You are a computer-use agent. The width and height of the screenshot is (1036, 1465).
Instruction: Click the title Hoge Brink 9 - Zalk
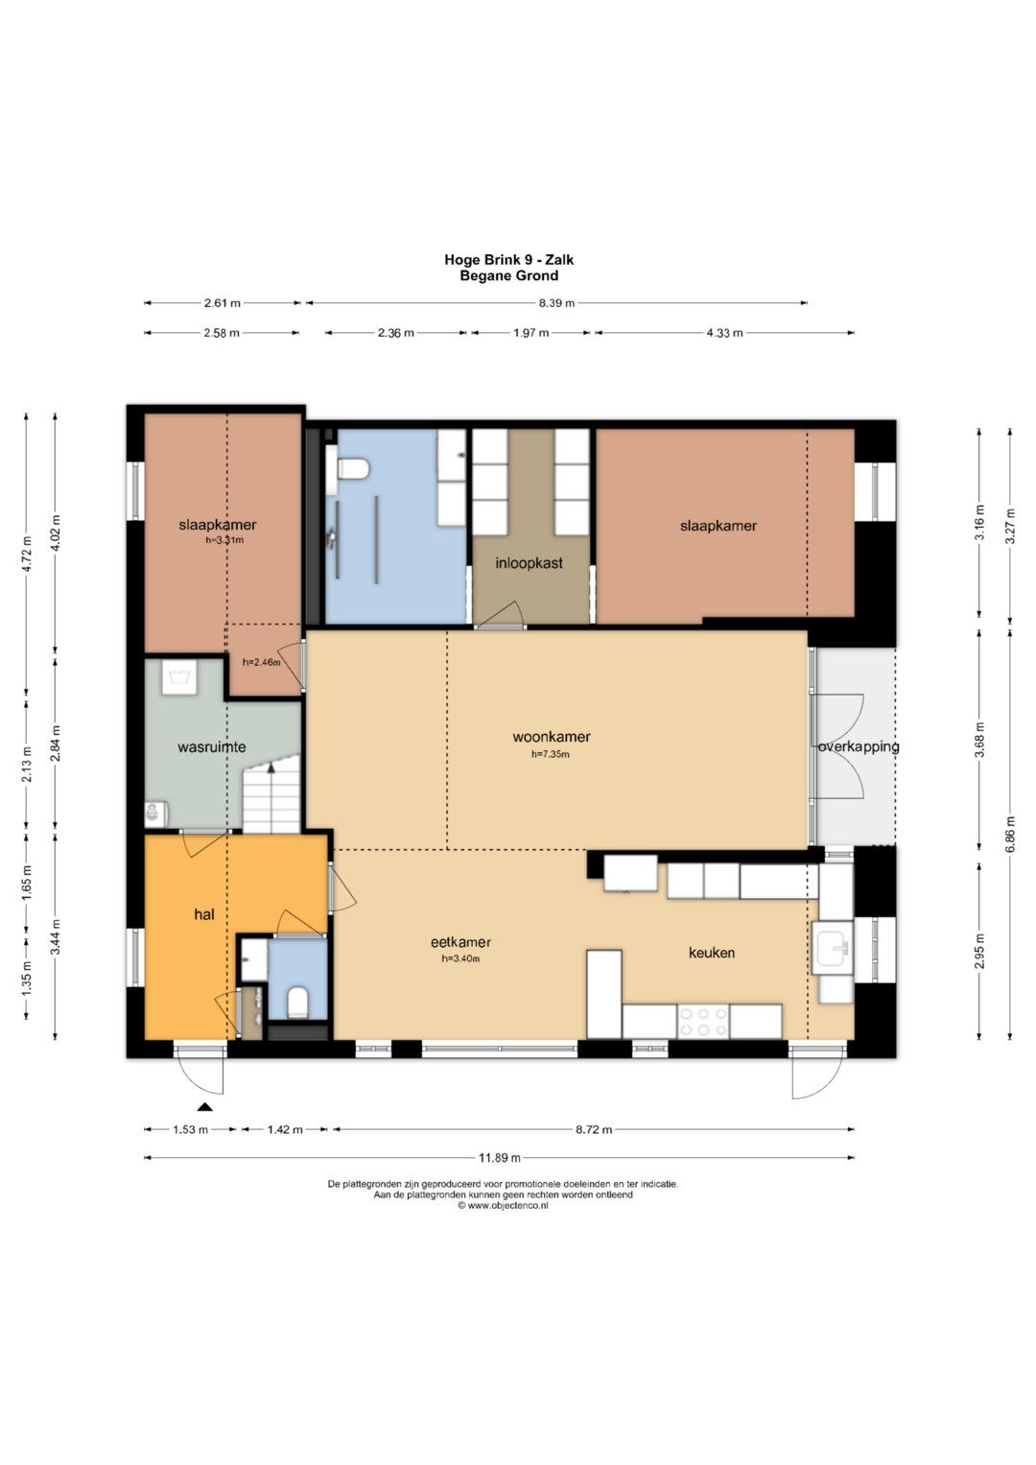pos(508,260)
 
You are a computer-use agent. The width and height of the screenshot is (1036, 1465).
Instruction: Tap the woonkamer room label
pos(552,737)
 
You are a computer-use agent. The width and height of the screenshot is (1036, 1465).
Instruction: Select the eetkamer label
pos(460,942)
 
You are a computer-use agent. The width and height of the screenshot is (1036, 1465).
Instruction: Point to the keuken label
pos(712,953)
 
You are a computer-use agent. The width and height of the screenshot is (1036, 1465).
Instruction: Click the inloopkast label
pos(529,562)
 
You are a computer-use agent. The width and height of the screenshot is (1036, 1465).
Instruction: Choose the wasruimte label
pos(212,746)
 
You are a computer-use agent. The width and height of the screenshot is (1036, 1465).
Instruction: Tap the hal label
pos(204,914)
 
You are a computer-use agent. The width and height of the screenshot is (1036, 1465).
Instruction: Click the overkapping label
pos(859,746)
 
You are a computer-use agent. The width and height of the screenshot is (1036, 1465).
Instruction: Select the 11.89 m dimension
pos(500,1158)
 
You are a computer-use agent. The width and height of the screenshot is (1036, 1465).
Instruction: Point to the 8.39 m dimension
pos(556,303)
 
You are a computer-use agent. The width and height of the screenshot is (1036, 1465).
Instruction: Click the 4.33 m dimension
pos(724,333)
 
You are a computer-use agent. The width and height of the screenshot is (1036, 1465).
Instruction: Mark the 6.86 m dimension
pos(1010,834)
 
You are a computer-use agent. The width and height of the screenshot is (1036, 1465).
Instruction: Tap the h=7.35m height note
pos(550,754)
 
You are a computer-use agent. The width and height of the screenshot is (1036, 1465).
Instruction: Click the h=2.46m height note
pos(262,662)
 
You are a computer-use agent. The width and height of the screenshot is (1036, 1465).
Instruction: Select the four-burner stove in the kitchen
pos(703,1021)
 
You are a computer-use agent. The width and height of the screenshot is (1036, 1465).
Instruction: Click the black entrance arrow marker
pos(205,1106)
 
